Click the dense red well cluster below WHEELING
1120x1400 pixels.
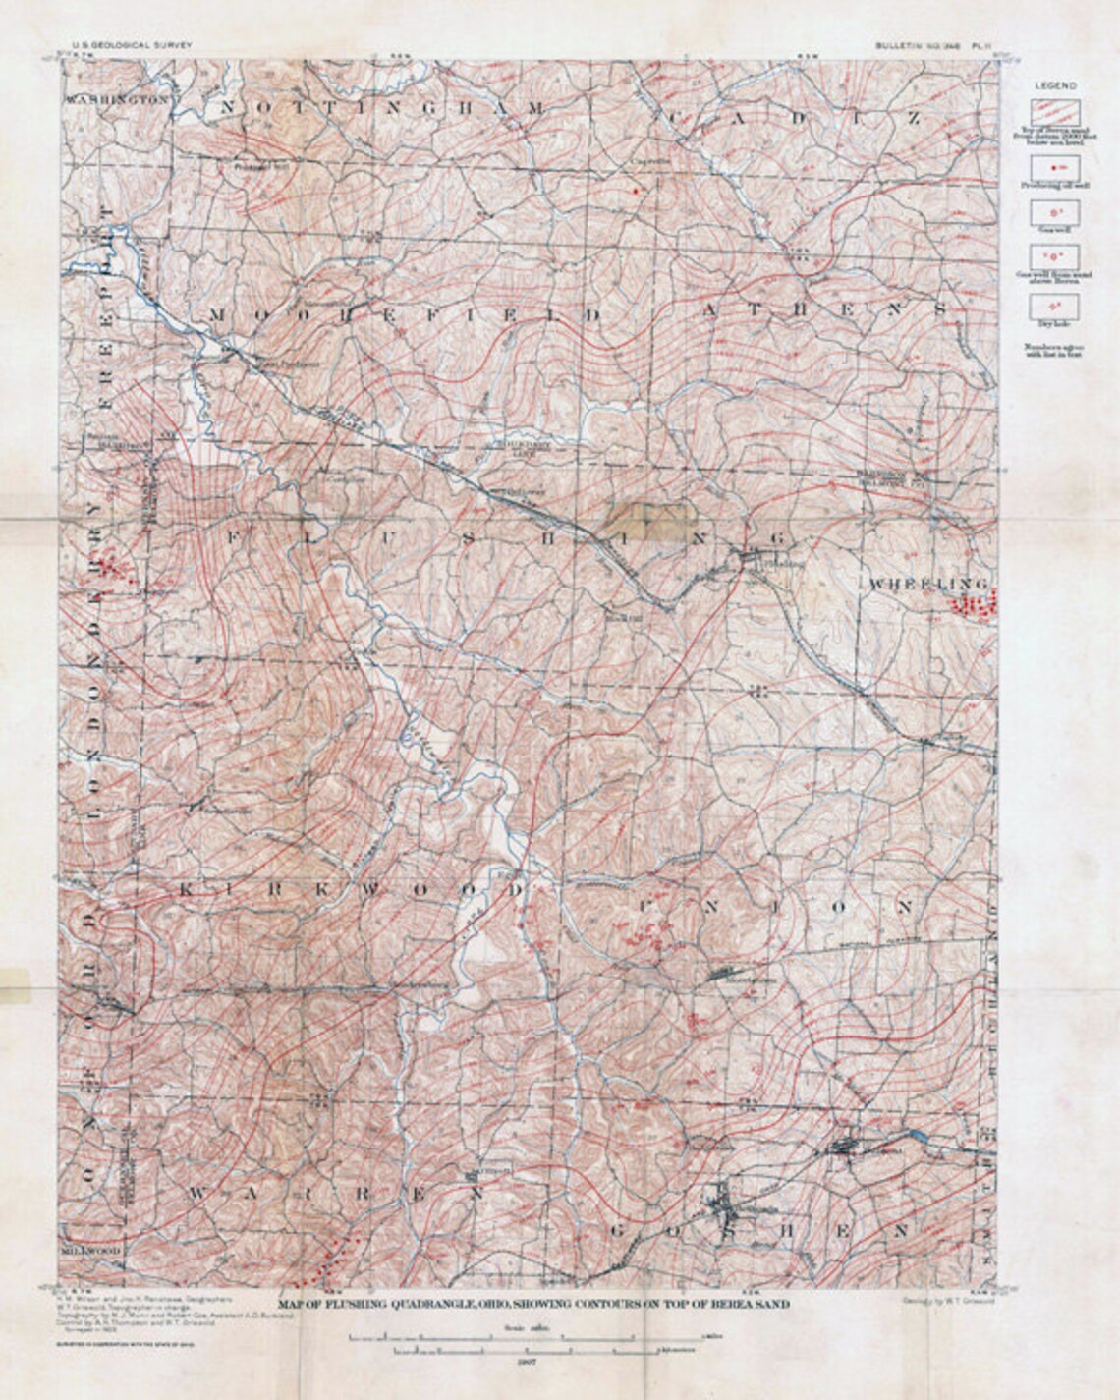pyautogui.click(x=977, y=603)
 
